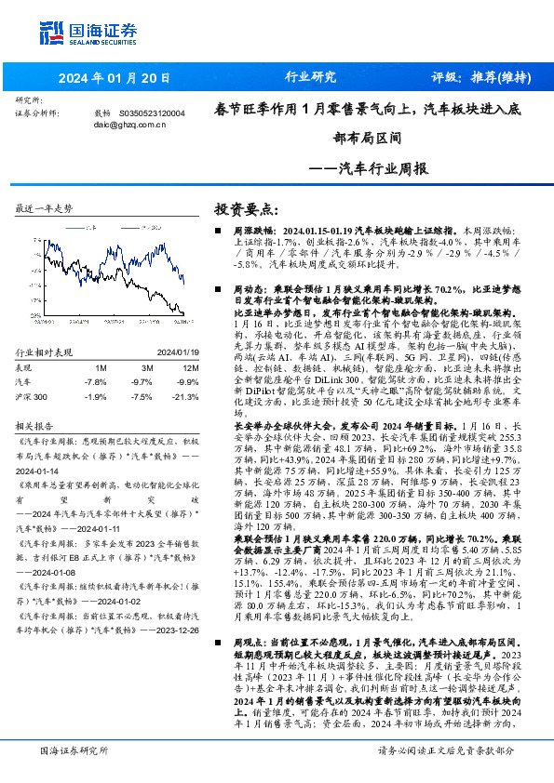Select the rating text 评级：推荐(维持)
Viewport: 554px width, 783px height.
478,77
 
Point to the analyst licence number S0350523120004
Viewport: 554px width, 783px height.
152,113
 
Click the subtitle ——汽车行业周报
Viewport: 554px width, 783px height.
368,169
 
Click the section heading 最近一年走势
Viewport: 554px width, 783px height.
45,207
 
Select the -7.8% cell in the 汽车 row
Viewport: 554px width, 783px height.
95,381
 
